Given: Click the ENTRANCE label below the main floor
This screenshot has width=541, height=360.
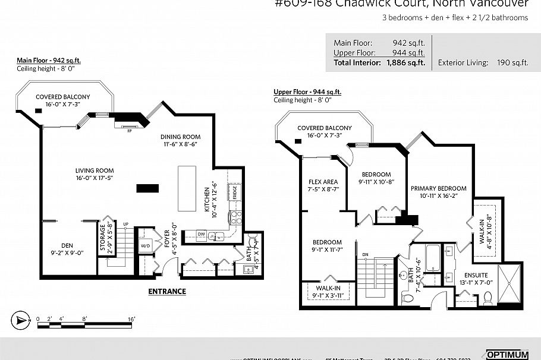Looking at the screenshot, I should [166, 291].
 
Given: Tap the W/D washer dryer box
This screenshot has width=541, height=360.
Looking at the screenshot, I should [145, 245].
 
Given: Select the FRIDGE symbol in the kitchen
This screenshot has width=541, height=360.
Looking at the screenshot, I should [235, 192].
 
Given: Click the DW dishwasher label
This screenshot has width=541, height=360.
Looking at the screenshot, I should [202, 235].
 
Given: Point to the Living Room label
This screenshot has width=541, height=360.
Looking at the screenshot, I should [94, 170].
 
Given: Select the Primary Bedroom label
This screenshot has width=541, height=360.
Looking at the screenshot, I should [439, 188].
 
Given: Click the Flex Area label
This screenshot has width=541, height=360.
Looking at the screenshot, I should [323, 182].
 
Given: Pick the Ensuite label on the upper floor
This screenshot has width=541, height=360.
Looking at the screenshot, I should [476, 276].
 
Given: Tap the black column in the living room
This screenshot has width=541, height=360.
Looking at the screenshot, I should [147, 188].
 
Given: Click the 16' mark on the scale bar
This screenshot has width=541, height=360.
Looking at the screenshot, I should [131, 320].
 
